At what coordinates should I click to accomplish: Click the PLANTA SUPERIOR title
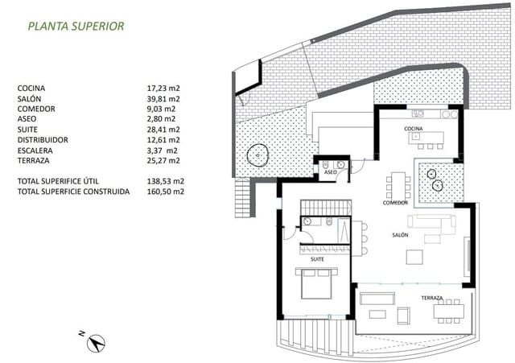76,26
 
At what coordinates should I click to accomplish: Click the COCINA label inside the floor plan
414,129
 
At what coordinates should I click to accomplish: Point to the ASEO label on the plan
330,172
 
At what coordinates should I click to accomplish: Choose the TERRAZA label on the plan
409,298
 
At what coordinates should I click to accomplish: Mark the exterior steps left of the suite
242,198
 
